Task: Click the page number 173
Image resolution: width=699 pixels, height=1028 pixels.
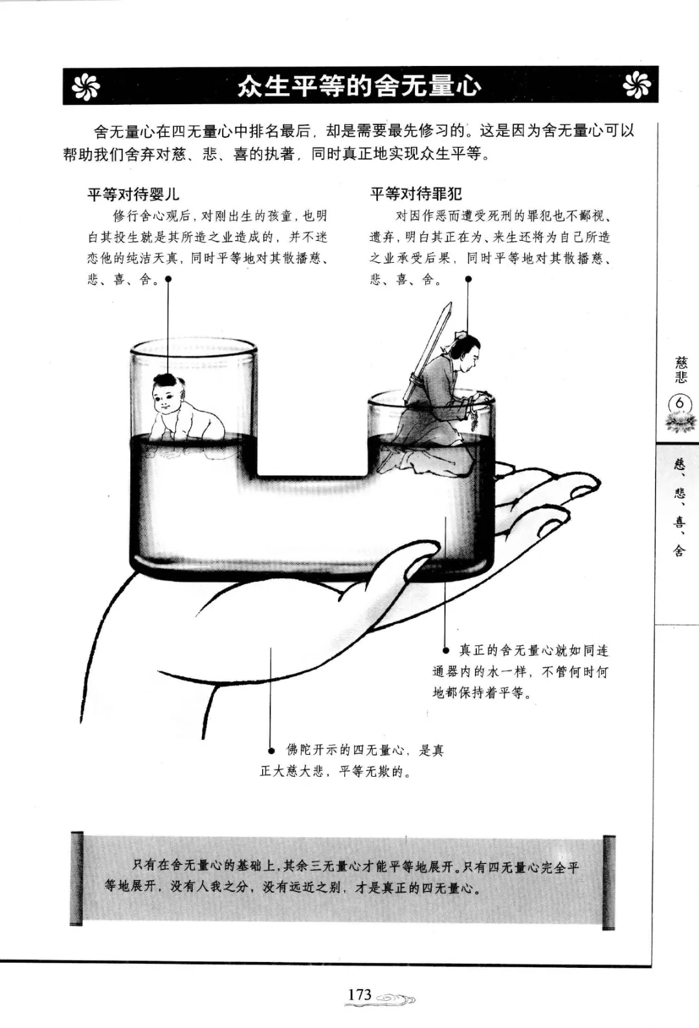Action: click(359, 994)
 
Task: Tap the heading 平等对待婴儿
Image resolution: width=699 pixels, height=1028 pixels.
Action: click(133, 195)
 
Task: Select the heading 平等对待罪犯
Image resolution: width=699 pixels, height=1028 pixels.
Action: click(416, 195)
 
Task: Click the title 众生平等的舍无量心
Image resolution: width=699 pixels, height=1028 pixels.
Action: click(359, 86)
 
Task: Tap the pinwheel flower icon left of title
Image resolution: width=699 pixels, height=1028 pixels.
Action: click(86, 86)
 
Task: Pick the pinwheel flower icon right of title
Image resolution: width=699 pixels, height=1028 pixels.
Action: click(637, 86)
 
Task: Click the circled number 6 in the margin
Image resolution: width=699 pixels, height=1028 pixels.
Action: click(680, 403)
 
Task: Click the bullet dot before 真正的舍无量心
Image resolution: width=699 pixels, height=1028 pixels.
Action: click(445, 651)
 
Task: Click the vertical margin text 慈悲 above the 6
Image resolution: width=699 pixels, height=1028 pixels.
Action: click(681, 370)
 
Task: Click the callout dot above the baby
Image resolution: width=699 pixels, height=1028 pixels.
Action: click(168, 278)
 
